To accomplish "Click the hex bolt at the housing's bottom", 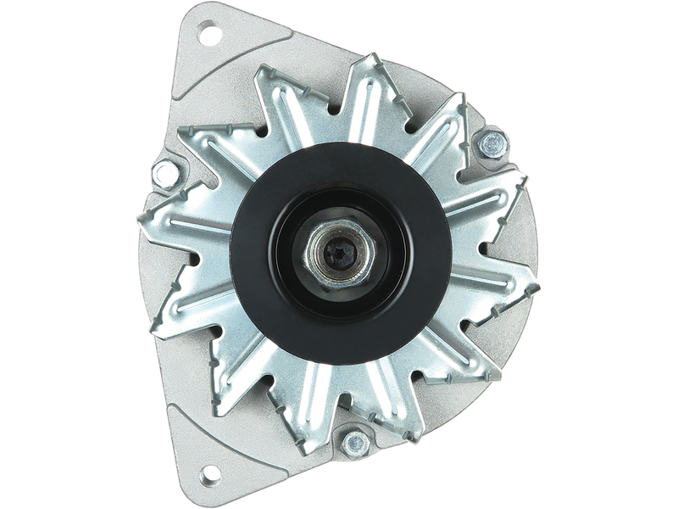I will (351, 442).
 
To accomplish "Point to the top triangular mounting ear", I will (208, 51).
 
